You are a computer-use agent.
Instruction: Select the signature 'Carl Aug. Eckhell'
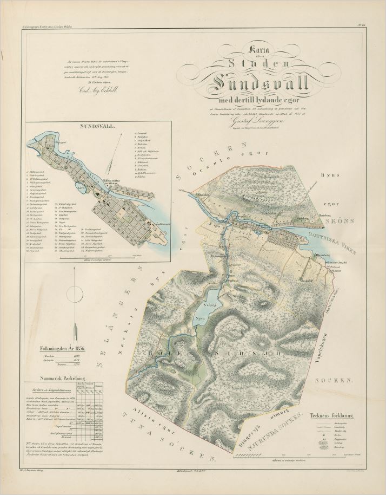(x=90, y=92)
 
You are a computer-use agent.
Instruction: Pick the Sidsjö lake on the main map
(x=204, y=309)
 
